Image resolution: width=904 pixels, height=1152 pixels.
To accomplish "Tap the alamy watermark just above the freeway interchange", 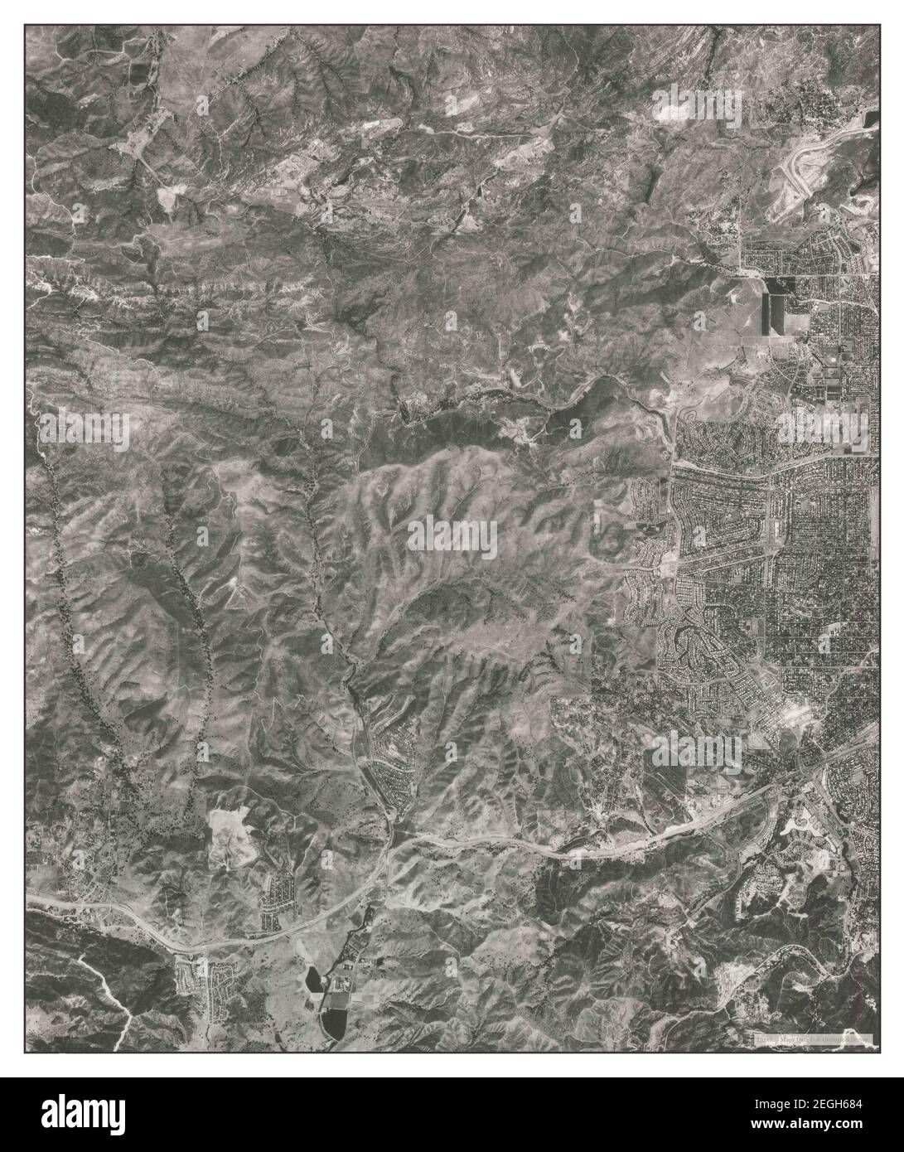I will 696,750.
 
